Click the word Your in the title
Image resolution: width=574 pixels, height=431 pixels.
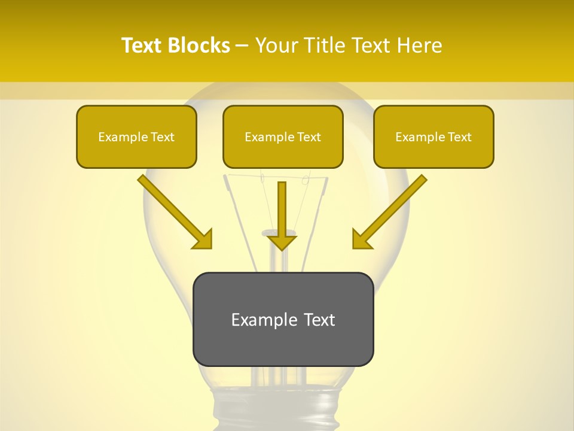click(x=276, y=45)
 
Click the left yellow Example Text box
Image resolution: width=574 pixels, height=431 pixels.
click(x=136, y=137)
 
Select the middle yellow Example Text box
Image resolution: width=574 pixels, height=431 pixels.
click(x=283, y=137)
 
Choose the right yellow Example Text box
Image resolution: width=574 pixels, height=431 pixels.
click(x=433, y=137)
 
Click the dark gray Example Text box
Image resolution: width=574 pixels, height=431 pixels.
click(x=283, y=320)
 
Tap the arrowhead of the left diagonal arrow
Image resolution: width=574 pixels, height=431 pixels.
click(x=203, y=239)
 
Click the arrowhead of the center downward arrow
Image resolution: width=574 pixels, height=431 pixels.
click(x=282, y=242)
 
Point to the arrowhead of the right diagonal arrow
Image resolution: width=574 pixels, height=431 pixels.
click(x=361, y=239)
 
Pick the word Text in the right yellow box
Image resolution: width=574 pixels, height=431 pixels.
click(x=459, y=137)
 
